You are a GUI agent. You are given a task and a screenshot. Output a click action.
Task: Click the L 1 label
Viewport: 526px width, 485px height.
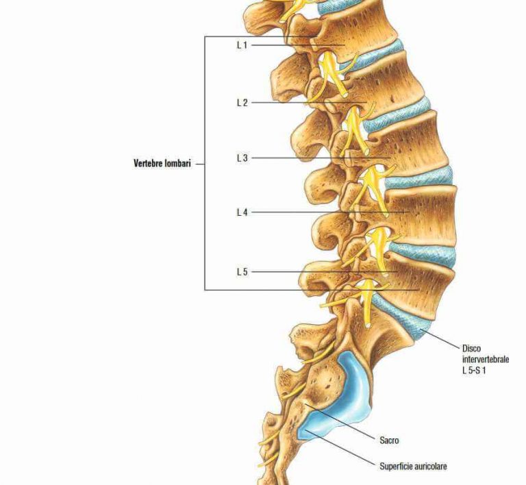pos(242,45)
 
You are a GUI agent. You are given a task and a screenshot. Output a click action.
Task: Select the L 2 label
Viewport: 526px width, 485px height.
pos(242,103)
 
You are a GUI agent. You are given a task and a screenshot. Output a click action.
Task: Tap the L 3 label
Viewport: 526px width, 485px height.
pos(242,158)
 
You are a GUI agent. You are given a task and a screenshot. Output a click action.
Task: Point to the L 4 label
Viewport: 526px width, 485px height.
pos(242,212)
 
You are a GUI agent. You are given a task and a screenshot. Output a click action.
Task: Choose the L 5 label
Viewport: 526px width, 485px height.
pos(242,272)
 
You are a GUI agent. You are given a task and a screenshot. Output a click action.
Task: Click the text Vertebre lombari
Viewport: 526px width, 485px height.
pos(162,164)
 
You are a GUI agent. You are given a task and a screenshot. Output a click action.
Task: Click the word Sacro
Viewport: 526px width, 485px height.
pos(389,440)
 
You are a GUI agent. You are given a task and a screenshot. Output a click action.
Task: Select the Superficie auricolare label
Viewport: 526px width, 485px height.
pos(413,467)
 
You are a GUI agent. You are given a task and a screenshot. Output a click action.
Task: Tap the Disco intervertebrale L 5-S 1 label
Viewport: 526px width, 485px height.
pos(486,359)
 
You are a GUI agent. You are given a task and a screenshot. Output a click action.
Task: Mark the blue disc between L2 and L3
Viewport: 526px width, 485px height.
pos(396,114)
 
